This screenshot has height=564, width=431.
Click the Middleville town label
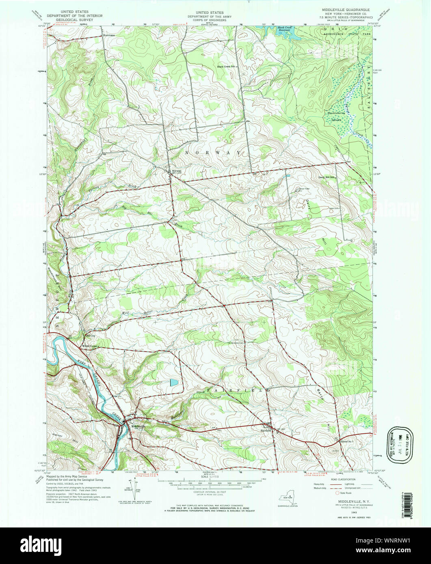pos(138,426)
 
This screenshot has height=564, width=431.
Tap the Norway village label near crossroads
pos(177,171)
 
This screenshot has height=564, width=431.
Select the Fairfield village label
pos(266,426)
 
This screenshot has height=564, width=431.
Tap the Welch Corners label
pos(91,346)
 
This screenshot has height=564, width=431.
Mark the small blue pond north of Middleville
pos(173,382)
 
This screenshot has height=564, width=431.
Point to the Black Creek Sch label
pos(226,67)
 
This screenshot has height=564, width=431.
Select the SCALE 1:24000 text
pos(210,476)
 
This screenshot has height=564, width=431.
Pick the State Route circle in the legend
pos(337,493)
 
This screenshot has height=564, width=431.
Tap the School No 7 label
pos(348,441)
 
